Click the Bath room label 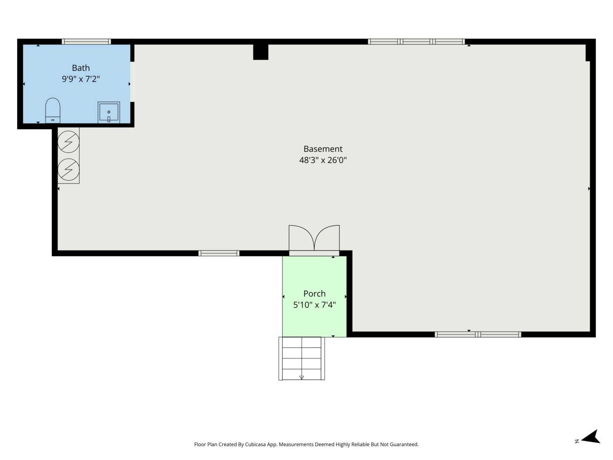pos(80,68)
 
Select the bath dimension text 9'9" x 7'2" pos(80,79)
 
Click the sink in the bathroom pos(109,112)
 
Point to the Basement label pos(323,149)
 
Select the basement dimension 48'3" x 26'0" pos(323,160)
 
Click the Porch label pos(314,294)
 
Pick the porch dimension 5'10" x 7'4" pos(314,305)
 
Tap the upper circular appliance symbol pos(68,142)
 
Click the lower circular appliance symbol pos(68,169)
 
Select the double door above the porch pos(314,239)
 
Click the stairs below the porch pos(301,358)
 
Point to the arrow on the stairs pos(302,377)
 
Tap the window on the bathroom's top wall pos(87,42)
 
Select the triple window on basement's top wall pos(416,42)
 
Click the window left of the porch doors pos(219,253)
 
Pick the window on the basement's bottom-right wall pos(477,334)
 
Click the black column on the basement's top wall pos(261,52)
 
